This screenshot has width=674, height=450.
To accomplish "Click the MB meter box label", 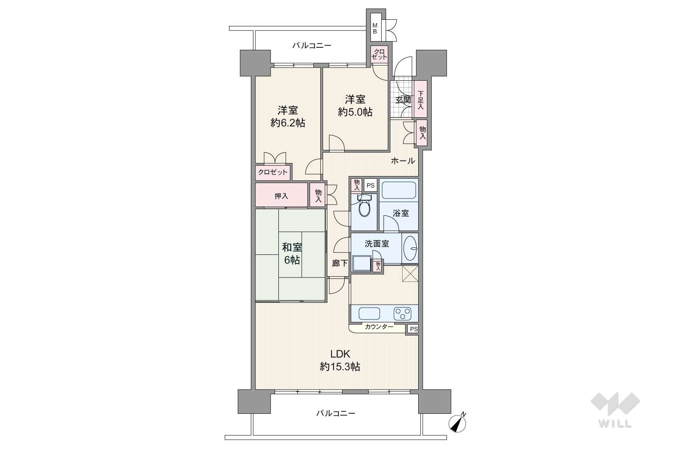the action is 375,28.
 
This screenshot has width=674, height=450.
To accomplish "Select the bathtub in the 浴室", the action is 398,190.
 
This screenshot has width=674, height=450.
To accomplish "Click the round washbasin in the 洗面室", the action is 410,248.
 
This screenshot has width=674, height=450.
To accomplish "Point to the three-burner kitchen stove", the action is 403,314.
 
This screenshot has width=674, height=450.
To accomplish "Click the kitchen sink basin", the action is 369,314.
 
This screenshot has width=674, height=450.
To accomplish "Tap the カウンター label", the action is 379,327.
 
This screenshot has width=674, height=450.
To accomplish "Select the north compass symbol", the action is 457,423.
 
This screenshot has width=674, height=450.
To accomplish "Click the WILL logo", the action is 615,410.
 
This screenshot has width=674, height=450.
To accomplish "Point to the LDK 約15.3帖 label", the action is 340,360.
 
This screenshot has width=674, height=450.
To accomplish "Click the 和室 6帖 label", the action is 292,254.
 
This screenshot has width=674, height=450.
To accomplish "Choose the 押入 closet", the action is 281,195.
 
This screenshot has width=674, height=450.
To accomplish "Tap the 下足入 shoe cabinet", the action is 420,99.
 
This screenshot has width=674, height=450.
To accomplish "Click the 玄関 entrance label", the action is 403,100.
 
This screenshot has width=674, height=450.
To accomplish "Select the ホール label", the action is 403,161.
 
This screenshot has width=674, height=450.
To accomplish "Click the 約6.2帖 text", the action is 288,123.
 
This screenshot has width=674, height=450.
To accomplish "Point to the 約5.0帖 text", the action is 355,112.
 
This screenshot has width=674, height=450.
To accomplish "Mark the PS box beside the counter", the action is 413,329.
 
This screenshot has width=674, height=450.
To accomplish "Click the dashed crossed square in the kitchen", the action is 410,273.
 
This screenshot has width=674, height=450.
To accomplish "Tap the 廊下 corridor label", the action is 340,263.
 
